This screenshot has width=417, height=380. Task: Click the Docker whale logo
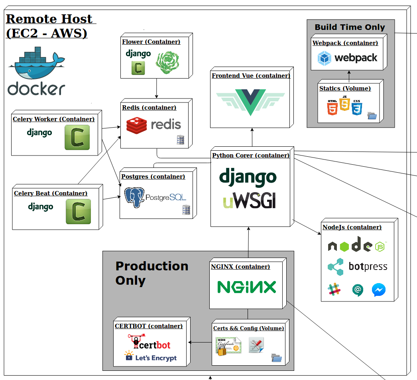coord(38,64)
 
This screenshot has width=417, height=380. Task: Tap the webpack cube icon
coord(325,59)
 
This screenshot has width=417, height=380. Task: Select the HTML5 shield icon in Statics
coord(332,108)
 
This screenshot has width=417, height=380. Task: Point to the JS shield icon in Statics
coord(345,104)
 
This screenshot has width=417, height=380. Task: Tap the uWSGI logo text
coord(250,202)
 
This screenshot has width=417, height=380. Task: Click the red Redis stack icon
coord(137,125)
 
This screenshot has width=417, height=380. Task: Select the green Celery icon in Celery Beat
coord(78,211)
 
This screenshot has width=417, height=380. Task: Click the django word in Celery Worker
coord(39,132)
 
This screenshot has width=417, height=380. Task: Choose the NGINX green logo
coord(247,287)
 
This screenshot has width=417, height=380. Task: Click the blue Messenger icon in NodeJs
coord(378,290)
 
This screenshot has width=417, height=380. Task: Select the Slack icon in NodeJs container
coord(334,290)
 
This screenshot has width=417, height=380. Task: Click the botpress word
coord(368,266)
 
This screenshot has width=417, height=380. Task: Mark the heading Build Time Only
coord(350,28)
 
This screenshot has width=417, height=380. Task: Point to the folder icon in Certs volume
coord(276,358)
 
